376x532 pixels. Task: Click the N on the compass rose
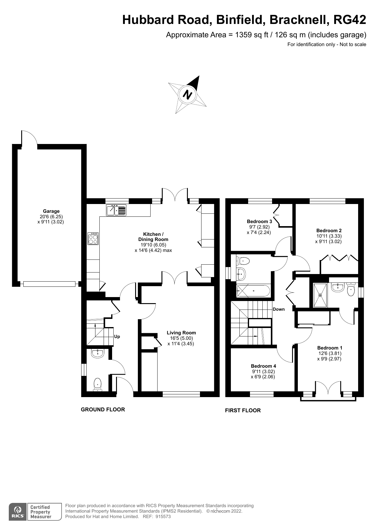point(188,95)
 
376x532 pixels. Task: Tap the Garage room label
point(51,211)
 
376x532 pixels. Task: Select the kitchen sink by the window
point(116,210)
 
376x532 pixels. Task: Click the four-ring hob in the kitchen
point(93,239)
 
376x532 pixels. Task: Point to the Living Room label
point(181,333)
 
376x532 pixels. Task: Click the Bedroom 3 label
point(259,222)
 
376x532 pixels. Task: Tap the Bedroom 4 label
point(263,366)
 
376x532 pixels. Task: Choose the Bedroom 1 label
point(330,348)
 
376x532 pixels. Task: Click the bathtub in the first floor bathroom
point(253,291)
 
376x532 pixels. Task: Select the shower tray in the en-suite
point(320,295)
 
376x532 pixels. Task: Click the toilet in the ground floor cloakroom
point(98,384)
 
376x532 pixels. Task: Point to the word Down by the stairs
point(279,309)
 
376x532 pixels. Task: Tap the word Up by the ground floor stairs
point(117,336)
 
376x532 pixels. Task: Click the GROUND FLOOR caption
point(103,410)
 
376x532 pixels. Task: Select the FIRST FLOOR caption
point(243,410)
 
